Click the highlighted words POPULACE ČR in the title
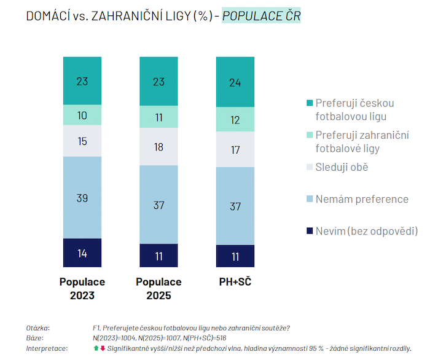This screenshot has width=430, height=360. (x=261, y=16)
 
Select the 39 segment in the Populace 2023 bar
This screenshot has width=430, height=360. (x=82, y=197)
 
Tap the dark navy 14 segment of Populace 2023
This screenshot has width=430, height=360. (x=82, y=252)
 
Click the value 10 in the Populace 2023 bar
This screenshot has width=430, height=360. (x=82, y=115)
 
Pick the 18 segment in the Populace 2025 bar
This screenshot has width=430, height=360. (x=158, y=147)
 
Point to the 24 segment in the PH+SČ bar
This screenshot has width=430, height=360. (x=235, y=82)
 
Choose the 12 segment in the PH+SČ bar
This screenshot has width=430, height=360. (x=235, y=120)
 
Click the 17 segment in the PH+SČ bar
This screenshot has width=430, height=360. (x=235, y=149)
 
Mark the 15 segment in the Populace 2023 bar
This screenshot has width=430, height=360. (x=82, y=141)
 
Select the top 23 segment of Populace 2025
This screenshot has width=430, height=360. (x=158, y=81)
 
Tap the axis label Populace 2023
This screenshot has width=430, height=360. (x=82, y=289)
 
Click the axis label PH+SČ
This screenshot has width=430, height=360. (x=235, y=282)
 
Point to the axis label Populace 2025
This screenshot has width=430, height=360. (x=158, y=289)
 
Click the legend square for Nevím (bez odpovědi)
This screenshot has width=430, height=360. (x=310, y=232)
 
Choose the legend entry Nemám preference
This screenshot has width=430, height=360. (x=361, y=199)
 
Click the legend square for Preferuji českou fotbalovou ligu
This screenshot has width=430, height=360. (x=310, y=103)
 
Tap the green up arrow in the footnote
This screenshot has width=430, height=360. (x=96, y=348)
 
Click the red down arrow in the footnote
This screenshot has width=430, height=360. (x=103, y=348)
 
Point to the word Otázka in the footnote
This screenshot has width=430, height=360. (x=37, y=328)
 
